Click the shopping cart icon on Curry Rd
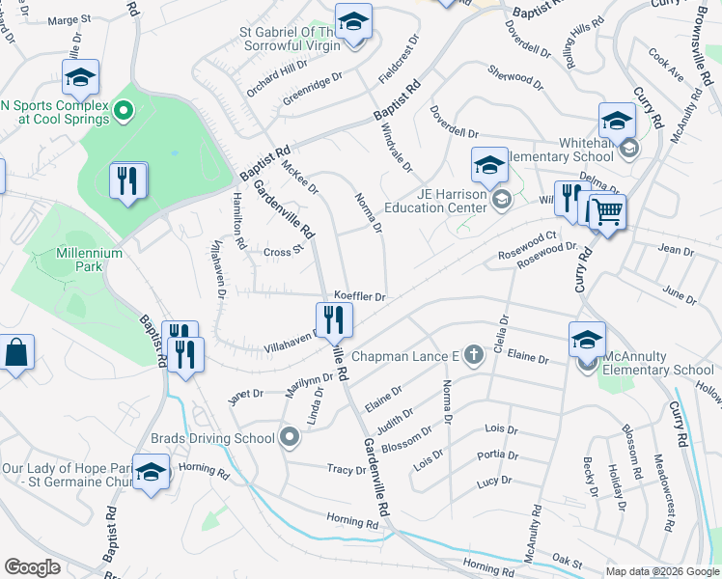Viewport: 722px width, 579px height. coord(607,211)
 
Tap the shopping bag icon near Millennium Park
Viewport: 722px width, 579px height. coord(16,353)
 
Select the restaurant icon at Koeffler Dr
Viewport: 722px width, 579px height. coord(334,319)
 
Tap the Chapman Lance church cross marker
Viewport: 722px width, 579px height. coord(473,356)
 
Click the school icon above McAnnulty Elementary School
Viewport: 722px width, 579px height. coord(587,339)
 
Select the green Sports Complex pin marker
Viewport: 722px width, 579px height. coord(123,113)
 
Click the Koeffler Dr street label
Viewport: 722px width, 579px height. coord(360,296)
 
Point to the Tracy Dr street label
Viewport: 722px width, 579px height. coord(347,470)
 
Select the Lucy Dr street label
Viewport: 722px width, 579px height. coord(493,481)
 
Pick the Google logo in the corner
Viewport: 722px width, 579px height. coord(33,566)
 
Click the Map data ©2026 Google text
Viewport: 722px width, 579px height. coord(661,571)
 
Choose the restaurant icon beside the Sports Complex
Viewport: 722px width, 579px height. coord(128,179)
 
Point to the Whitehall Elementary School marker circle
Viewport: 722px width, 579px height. coord(629,149)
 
